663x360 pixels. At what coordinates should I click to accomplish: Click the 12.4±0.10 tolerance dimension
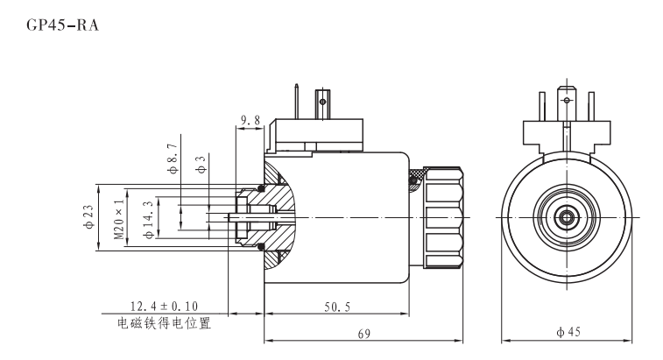pyautogui.click(x=165, y=307)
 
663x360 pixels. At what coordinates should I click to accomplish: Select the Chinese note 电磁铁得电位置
pyautogui.click(x=165, y=321)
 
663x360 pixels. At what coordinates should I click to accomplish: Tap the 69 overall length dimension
pyautogui.click(x=363, y=334)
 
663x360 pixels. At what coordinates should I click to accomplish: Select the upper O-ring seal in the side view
pyautogui.click(x=260, y=187)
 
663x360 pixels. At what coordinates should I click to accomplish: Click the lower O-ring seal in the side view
pyautogui.click(x=260, y=246)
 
